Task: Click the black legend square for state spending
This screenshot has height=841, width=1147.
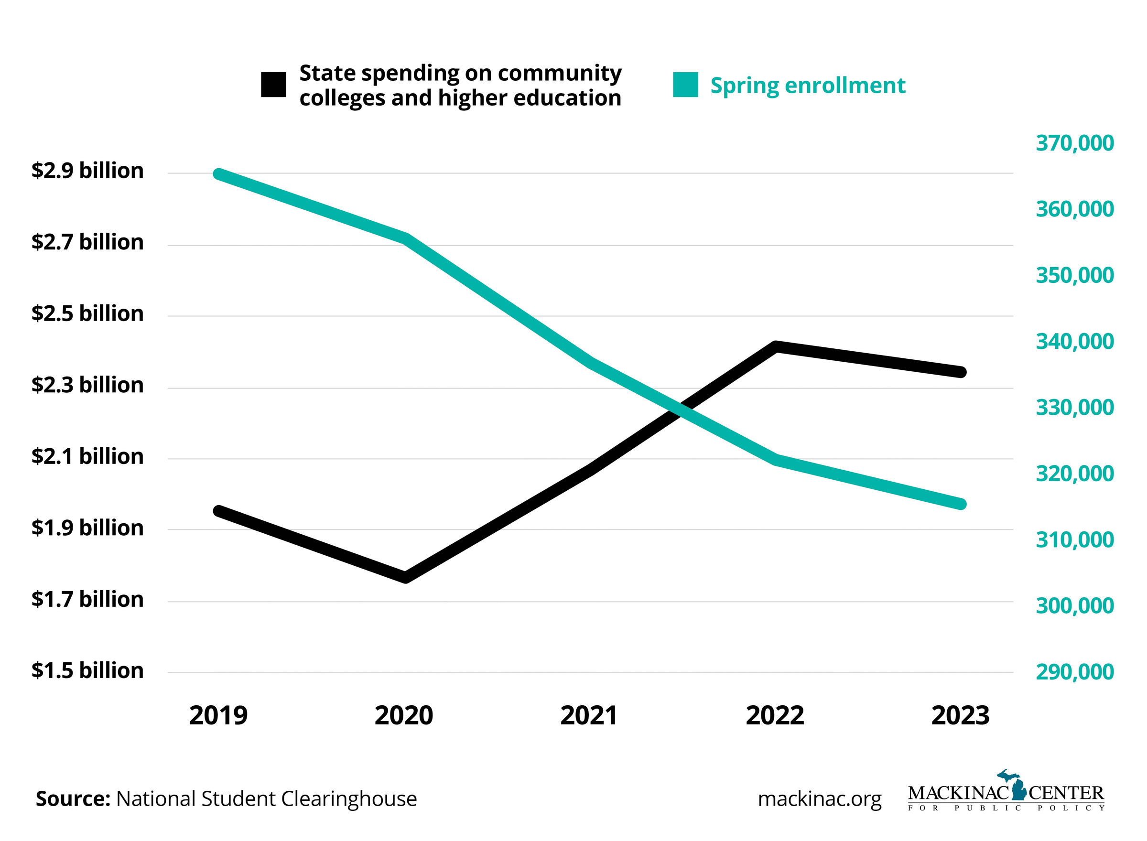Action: pos(273,85)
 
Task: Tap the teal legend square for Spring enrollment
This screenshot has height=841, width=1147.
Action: pos(685,85)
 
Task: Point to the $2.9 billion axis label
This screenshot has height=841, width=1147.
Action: pos(87,171)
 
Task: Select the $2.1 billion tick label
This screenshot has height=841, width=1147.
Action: pos(87,457)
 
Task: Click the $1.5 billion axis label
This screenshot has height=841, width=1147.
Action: pos(87,671)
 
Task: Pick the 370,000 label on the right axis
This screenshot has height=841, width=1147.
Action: pos(1075,143)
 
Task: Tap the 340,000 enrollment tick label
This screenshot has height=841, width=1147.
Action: pos(1075,342)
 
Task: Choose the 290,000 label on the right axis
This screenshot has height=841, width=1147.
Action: pos(1075,672)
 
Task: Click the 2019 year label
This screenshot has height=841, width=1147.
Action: pos(218,716)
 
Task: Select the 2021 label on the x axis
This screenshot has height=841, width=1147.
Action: pos(589,716)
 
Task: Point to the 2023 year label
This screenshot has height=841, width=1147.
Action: pos(960,716)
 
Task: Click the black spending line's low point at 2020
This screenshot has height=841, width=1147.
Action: pos(405,577)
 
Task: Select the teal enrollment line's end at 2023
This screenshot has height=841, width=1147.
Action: pos(960,504)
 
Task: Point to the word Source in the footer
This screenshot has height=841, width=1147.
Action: pos(73,799)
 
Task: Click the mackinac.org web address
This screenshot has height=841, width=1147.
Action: pos(820,799)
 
